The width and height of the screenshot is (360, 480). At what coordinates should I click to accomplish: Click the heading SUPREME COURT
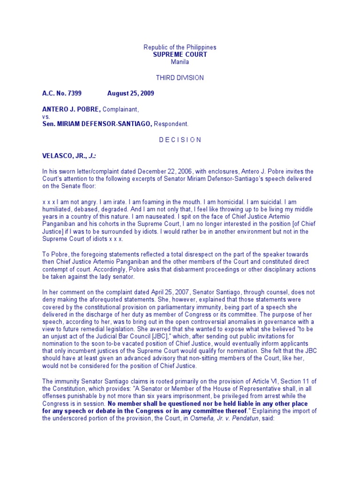click(180, 54)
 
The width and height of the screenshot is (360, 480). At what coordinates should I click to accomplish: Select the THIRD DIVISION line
click(180, 77)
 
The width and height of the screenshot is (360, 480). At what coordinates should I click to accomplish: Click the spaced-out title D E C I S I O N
click(180, 140)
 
